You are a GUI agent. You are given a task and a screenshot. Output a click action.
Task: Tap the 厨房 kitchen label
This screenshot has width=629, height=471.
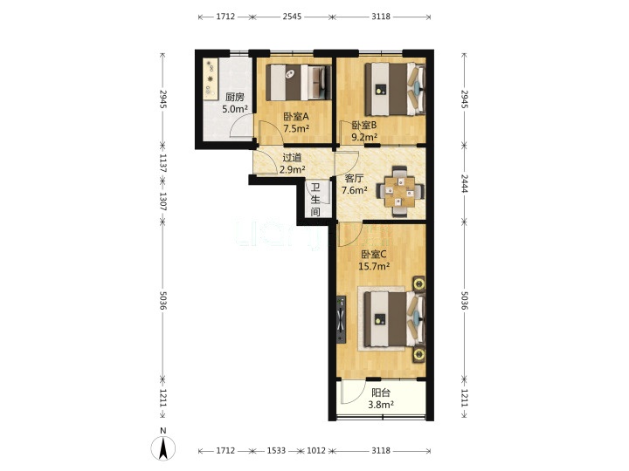(235, 97)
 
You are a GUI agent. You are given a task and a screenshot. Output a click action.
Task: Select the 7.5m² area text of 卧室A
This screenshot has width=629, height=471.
(296, 128)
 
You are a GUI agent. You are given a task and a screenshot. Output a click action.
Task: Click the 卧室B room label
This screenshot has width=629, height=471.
(364, 126)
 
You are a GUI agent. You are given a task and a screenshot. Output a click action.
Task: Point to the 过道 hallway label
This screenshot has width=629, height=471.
(292, 158)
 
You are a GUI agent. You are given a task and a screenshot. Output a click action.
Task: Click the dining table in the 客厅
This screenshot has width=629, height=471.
(399, 191)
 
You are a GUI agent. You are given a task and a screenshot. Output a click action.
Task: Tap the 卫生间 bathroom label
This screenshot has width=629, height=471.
(315, 200)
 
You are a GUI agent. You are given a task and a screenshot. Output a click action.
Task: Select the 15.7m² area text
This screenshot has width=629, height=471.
(374, 266)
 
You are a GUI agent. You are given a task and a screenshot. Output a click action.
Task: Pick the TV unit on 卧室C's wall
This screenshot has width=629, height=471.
(341, 319)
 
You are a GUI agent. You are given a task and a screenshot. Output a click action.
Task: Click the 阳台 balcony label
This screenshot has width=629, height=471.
(381, 392)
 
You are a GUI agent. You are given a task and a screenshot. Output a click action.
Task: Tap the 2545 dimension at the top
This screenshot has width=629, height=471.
(292, 17)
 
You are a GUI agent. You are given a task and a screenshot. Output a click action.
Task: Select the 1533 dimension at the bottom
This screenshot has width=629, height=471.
(276, 451)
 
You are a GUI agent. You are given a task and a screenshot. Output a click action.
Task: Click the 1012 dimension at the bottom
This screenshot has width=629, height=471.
(316, 451)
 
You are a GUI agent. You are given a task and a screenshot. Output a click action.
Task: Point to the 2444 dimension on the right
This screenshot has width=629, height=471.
(464, 183)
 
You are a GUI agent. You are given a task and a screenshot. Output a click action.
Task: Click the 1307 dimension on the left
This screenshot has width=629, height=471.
(162, 201)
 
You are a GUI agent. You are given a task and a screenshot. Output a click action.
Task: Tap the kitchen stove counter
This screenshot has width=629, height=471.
(211, 78)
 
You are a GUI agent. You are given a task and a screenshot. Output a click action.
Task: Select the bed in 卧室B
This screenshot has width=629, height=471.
(395, 89)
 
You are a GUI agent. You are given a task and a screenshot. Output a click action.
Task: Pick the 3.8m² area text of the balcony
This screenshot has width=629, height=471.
(381, 405)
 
